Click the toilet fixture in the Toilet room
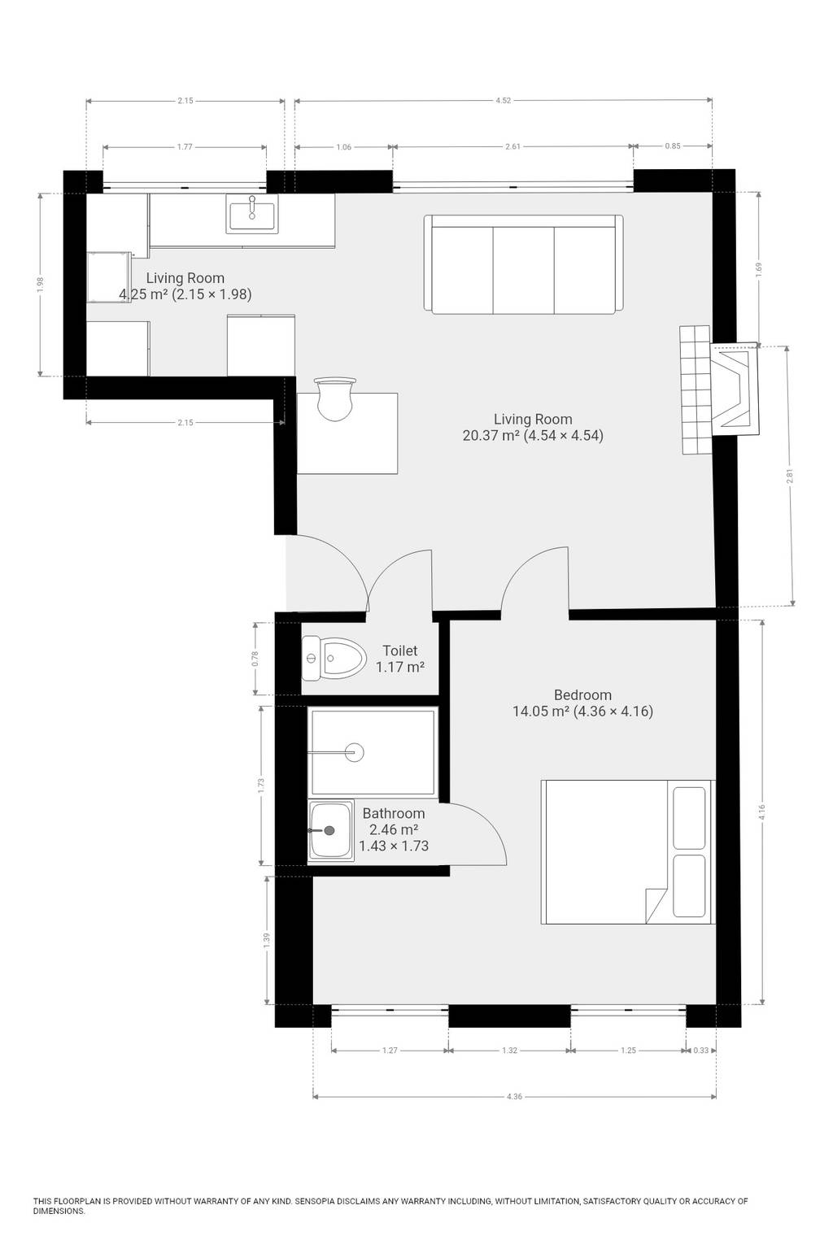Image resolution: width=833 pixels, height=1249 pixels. pos(334,659)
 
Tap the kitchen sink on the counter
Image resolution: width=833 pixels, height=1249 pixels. pos(252,214)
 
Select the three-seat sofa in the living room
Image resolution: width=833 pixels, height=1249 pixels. pos(523,264)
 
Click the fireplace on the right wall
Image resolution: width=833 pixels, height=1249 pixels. pos(735,389)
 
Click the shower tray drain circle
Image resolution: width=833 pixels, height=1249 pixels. pos(355,752)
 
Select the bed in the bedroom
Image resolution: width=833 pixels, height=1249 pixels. pos(628,852)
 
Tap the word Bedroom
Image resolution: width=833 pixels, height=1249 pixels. pos(582,694)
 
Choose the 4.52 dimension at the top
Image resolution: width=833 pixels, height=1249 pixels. pos(504,101)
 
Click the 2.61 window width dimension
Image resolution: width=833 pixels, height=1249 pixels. pos(512,146)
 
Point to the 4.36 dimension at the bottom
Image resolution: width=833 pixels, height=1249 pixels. pos(514,1096)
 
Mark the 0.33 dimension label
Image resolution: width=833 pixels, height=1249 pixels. pos(700,1050)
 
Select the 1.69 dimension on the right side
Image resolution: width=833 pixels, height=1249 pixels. pos(759,269)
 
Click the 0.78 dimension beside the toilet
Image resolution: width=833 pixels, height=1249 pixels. pos(255,659)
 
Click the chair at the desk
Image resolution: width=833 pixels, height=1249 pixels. pos(335,398)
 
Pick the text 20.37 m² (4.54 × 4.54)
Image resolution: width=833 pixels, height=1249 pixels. pos(533,435)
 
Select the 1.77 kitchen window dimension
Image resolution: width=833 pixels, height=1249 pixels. pos(185,147)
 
